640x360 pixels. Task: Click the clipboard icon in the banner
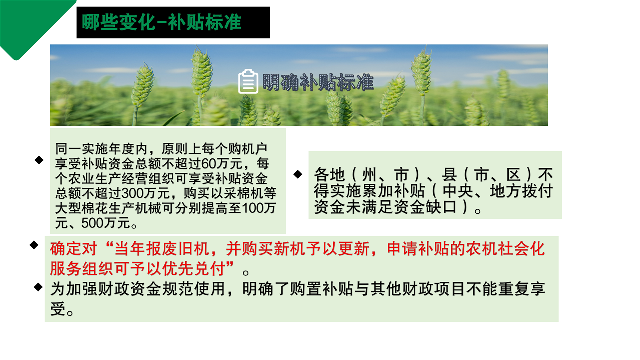(x=248, y=81)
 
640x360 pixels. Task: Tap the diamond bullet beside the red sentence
(x=34, y=245)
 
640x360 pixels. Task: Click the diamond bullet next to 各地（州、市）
(x=298, y=174)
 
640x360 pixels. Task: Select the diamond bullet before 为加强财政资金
(x=38, y=287)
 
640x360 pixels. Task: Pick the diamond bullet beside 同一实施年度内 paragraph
(x=39, y=160)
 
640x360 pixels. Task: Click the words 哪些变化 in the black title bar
(x=118, y=22)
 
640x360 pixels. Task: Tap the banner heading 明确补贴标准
(x=318, y=82)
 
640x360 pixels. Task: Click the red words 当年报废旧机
(x=162, y=249)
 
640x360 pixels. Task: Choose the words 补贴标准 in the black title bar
(x=205, y=22)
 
